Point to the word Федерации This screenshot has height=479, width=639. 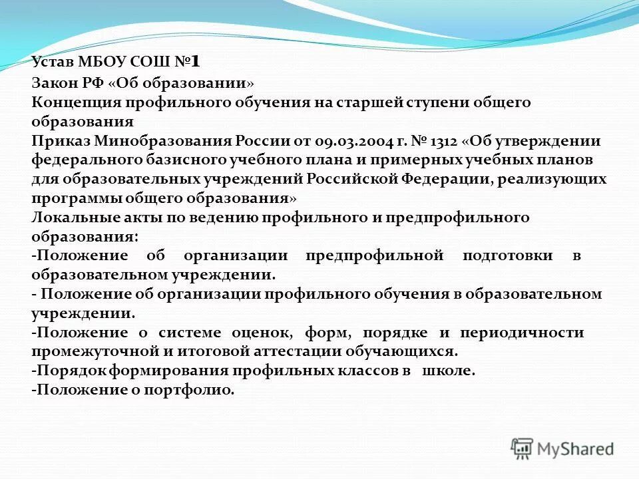tap(440, 180)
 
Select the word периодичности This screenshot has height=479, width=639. tap(532, 333)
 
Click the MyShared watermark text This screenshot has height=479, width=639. tap(576, 449)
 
